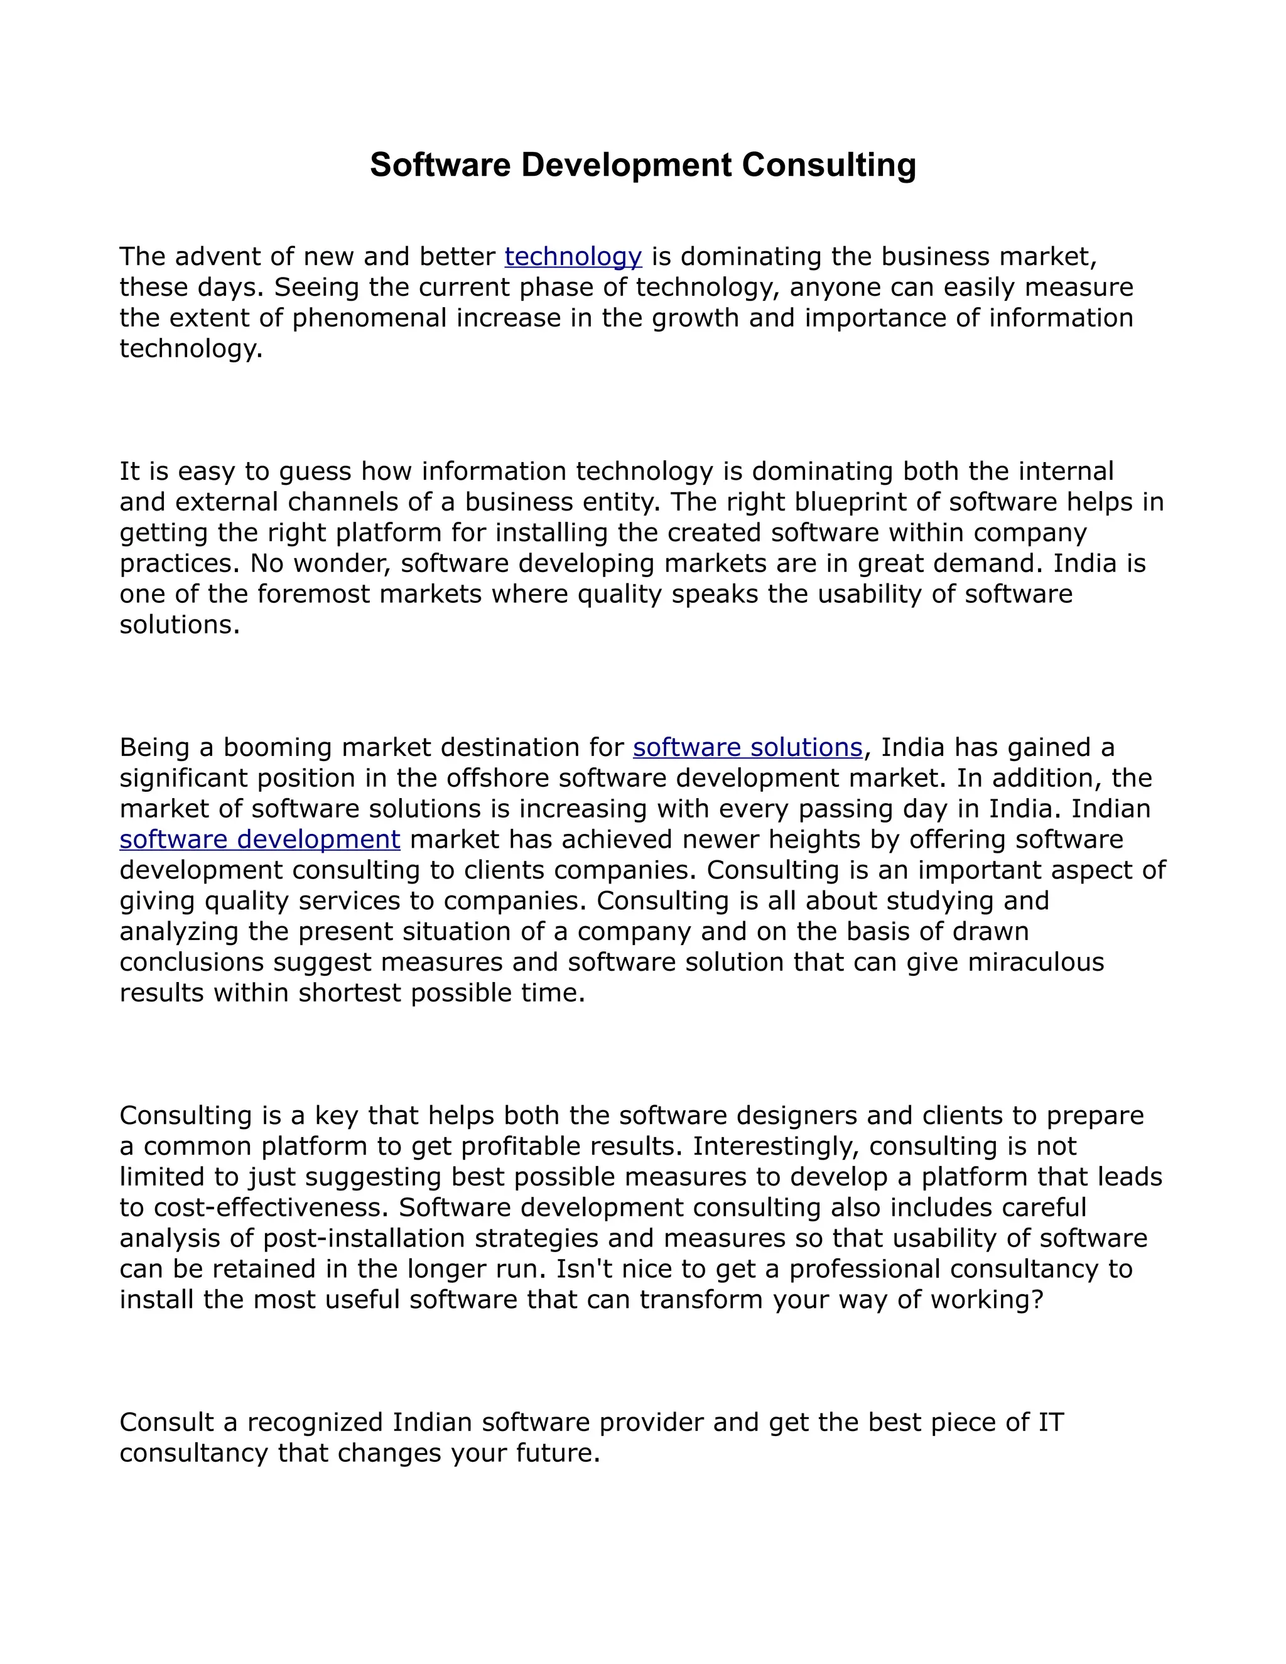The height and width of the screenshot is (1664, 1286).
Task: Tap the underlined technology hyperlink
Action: (573, 257)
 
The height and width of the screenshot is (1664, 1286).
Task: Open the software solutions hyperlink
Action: (747, 747)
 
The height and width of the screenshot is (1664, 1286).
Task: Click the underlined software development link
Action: (260, 840)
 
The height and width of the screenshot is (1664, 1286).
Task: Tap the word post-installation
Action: (364, 1238)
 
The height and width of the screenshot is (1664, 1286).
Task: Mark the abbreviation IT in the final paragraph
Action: (1051, 1422)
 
